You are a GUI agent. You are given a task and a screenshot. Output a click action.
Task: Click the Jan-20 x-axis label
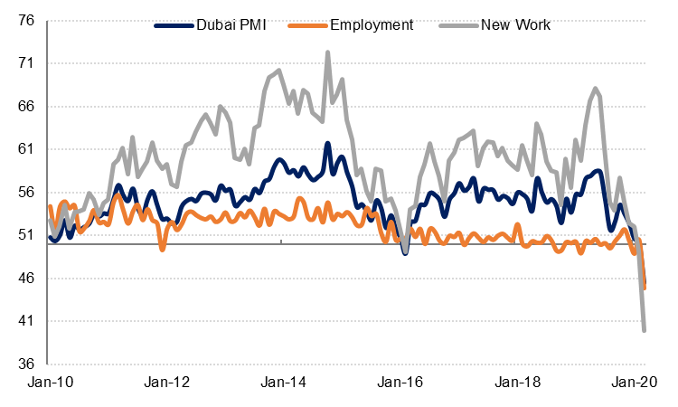point(644,384)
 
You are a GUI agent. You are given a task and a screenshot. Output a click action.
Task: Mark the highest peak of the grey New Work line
point(327,52)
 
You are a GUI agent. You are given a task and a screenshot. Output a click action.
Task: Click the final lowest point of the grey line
point(645,330)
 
